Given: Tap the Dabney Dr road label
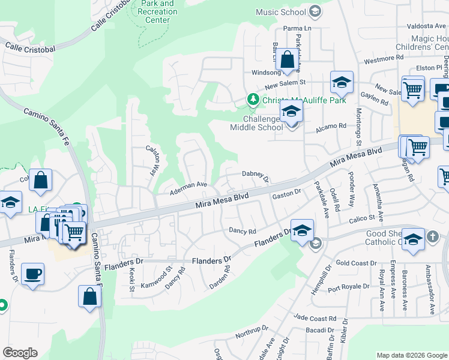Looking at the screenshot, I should pyautogui.click(x=255, y=175).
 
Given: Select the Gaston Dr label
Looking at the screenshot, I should pyautogui.click(x=286, y=193).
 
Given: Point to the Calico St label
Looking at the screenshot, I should pyautogui.click(x=363, y=217).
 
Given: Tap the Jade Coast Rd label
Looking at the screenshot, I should pyautogui.click(x=315, y=318).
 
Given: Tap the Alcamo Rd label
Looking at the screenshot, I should pyautogui.click(x=334, y=126).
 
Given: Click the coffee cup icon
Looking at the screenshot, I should pyautogui.click(x=32, y=274).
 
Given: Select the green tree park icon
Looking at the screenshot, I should pyautogui.click(x=253, y=100).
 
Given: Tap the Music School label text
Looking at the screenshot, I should pyautogui.click(x=280, y=11).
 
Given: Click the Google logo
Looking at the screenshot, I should pyautogui.click(x=20, y=353).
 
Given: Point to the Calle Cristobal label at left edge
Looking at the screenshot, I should pyautogui.click(x=30, y=47).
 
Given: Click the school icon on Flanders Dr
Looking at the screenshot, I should pyautogui.click(x=303, y=231).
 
